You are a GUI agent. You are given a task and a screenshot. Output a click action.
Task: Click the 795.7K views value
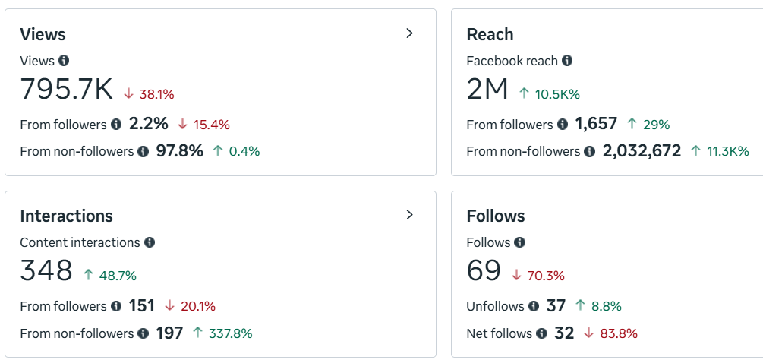tap(66, 90)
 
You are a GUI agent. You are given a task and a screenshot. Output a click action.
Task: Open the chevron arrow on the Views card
tap(410, 33)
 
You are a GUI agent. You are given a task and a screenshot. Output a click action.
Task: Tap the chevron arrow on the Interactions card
tap(410, 215)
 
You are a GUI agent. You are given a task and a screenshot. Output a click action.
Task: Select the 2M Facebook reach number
tap(487, 90)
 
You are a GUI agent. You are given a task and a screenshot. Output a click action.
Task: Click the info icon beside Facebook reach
tap(567, 61)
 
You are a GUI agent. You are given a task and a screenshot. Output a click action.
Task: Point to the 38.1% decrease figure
tap(156, 94)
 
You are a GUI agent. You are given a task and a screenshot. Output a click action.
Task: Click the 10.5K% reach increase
tap(557, 94)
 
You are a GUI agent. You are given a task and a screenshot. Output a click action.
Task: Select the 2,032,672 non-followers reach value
tap(642, 151)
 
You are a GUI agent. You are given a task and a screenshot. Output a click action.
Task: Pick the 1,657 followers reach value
tap(596, 124)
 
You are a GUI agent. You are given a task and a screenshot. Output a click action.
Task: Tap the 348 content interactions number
tap(46, 271)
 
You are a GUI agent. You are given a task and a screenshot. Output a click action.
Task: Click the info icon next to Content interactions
tap(150, 242)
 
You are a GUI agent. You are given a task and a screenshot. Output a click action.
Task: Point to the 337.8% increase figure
tap(229, 333)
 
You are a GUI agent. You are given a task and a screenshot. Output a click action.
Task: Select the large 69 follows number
tap(484, 271)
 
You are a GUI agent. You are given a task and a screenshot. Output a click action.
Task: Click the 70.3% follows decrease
tap(546, 276)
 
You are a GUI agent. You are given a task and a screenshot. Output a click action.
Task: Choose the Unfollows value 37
tap(556, 306)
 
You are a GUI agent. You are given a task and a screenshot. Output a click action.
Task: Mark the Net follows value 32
tap(564, 333)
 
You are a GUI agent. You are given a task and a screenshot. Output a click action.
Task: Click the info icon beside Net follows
tap(541, 333)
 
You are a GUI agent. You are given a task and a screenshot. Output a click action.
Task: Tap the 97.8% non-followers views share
tap(179, 151)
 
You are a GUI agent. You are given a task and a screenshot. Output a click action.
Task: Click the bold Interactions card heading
tap(66, 216)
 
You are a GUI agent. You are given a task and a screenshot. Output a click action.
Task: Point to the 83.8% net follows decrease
tap(618, 333)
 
